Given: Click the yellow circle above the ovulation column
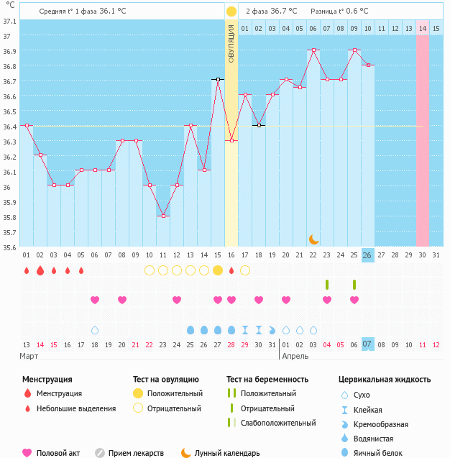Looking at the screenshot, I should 231,12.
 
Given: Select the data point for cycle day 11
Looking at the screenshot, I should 163,216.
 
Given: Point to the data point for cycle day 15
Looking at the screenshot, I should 218,79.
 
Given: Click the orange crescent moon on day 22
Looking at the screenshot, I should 313,239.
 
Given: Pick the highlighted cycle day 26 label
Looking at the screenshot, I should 367,255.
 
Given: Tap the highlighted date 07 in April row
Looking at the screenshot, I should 367,344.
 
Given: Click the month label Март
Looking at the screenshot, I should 29,356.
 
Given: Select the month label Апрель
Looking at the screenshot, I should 295,356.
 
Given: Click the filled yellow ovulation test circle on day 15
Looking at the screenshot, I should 218,270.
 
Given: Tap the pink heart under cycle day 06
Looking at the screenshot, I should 95,300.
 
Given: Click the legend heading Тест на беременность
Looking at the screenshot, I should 267,379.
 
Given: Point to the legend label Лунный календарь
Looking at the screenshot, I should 228,453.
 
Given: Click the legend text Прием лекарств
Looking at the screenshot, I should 136,453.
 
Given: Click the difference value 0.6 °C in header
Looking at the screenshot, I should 354,12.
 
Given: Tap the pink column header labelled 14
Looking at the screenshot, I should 423,28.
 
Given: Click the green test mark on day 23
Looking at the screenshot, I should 327,285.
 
